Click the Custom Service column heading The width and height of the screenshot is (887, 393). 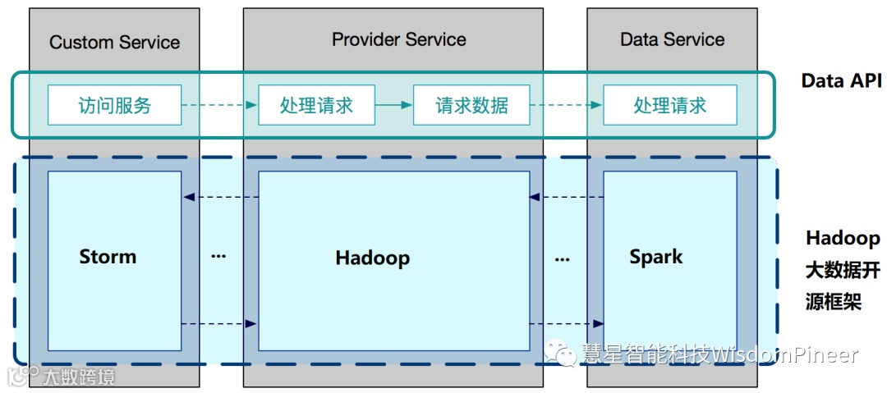114,42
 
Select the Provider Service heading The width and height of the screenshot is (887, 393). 398,39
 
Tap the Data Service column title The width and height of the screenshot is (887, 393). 672,39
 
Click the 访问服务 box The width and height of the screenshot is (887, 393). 115,105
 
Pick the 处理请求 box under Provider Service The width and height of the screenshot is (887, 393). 316,105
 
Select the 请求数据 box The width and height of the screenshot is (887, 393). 471,105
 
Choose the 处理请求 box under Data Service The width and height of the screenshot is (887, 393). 669,105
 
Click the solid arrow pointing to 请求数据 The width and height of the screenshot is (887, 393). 393,105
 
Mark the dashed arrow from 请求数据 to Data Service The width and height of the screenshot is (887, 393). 567,105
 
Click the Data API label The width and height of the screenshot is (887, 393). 841,80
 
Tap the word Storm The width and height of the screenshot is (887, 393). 108,257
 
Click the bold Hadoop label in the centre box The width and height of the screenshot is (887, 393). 372,258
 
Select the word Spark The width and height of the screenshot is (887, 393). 655,257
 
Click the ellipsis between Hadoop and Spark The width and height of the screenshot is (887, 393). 562,259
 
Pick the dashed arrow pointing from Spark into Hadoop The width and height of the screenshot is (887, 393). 567,197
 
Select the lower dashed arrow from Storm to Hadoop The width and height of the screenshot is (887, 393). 219,324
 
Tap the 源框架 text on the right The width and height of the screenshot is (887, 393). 833,301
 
